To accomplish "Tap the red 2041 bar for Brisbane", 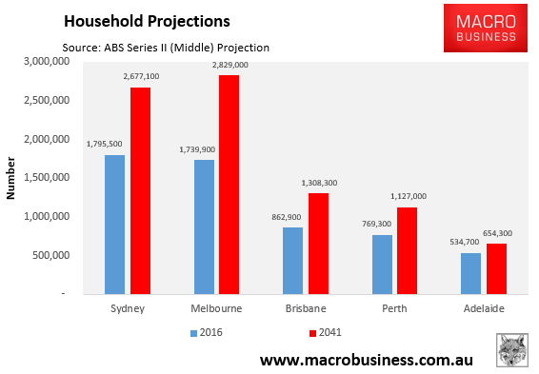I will point(317,243).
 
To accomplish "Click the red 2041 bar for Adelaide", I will point(496,268).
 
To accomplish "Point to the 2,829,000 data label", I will point(230,65).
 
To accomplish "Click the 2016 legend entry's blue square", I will point(193,333).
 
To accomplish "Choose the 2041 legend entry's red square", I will point(310,333).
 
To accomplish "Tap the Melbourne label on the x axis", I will point(214,309).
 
